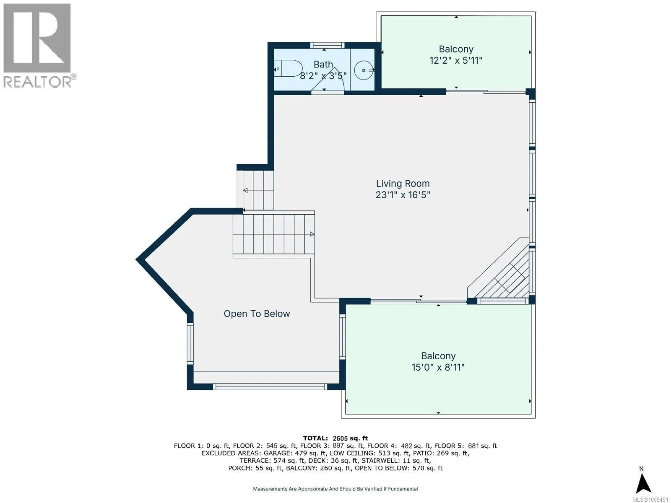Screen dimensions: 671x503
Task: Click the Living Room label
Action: pos(403,184)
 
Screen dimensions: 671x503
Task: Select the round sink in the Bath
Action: pos(364,70)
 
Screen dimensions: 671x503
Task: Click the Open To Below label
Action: pos(257,314)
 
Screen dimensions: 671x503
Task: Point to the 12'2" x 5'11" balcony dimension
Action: pos(456,60)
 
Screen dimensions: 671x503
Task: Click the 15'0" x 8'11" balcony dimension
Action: pos(438,367)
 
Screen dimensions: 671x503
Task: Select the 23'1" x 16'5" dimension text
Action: pos(403,195)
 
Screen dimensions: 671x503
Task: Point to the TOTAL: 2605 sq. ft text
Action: pos(335,438)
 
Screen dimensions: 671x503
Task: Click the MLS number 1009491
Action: pos(650,500)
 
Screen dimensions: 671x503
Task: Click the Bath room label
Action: pos(323,65)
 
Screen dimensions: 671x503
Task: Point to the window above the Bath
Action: pos(328,46)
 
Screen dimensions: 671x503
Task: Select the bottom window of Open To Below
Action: pos(270,387)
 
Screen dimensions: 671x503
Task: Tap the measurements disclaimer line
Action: pos(335,489)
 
